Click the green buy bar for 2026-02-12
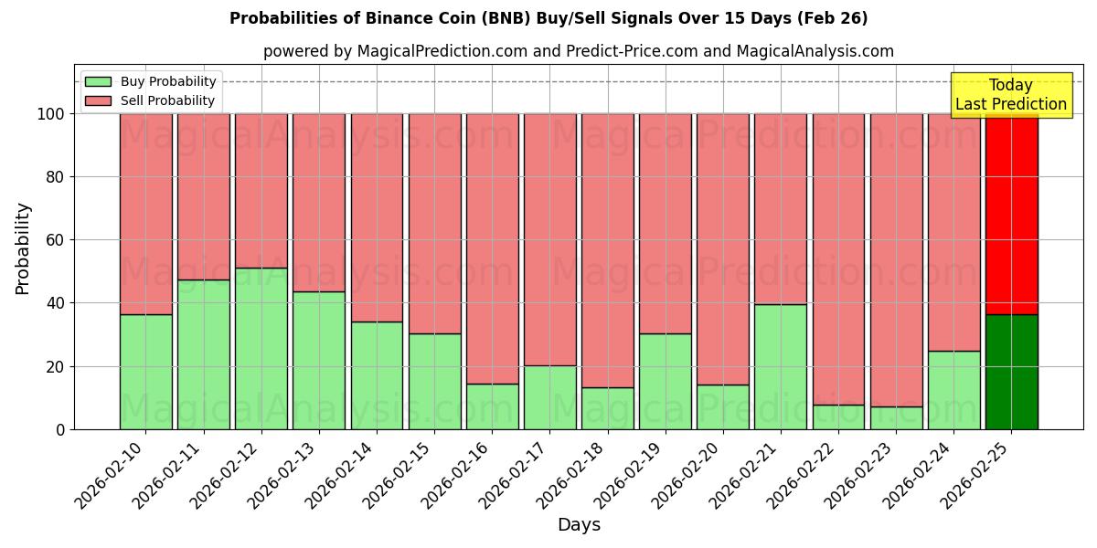pos(261,348)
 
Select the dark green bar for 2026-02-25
pos(1012,372)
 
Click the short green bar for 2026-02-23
pos(896,418)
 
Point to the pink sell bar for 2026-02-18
pos(608,250)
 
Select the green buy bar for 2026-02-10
pos(146,372)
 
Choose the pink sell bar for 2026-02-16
pos(493,248)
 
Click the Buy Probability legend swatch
pos(98,81)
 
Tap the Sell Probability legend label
pos(167,100)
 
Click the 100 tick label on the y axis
pos(50,114)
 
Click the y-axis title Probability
pos(23,248)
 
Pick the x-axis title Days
pos(579,525)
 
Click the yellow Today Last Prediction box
pos(1011,95)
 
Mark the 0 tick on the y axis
pos(61,429)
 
